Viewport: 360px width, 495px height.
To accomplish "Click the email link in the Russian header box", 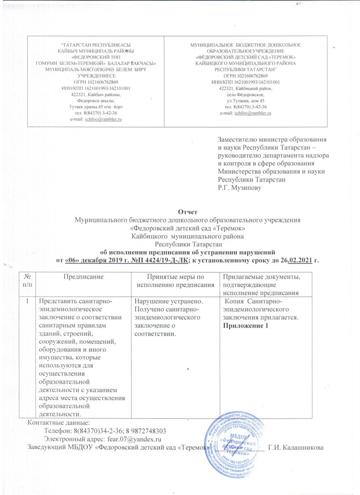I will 252,113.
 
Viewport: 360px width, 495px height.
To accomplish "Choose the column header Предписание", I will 83,279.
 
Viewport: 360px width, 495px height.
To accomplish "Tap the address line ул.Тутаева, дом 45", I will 246,101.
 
